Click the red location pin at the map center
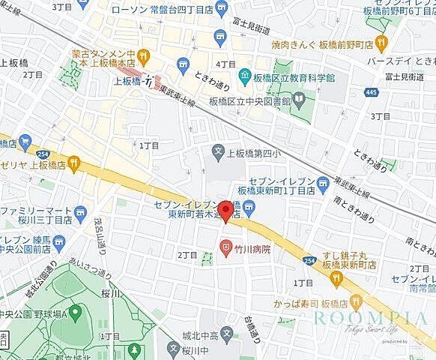click(x=227, y=210)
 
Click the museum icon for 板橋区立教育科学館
click(x=245, y=75)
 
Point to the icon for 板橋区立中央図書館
click(x=299, y=97)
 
